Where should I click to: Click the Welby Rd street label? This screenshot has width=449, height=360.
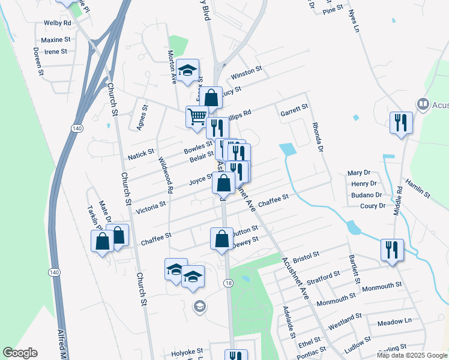pyautogui.click(x=58, y=23)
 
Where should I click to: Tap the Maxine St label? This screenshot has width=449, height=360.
pyautogui.click(x=56, y=40)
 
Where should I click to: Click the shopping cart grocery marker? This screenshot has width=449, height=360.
pyautogui.click(x=197, y=116)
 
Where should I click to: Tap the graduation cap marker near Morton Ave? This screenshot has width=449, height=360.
pyautogui.click(x=188, y=71)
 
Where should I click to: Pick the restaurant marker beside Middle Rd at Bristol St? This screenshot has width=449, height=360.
pyautogui.click(x=392, y=249)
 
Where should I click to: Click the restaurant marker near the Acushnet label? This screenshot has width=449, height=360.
pyautogui.click(x=400, y=123)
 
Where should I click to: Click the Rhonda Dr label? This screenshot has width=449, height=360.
pyautogui.click(x=318, y=136)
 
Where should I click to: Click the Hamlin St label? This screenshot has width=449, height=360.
pyautogui.click(x=418, y=188)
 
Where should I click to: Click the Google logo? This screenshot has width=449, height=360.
pyautogui.click(x=20, y=353)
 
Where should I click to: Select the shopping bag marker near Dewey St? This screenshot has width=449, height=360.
pyautogui.click(x=221, y=238)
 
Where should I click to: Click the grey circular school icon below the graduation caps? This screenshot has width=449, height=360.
pyautogui.click(x=199, y=307)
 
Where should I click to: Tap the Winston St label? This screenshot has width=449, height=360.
pyautogui.click(x=247, y=74)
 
